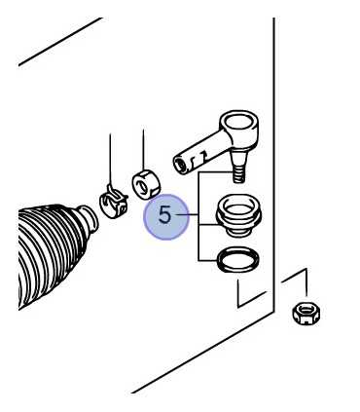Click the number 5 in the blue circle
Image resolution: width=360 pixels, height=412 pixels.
[164, 215]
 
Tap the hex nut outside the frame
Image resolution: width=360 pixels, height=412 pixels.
[306, 313]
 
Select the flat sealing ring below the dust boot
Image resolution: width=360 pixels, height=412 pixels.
[237, 260]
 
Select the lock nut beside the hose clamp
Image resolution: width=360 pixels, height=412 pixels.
[147, 184]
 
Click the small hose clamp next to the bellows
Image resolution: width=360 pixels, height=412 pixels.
[113, 202]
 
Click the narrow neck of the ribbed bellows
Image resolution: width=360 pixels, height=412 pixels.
[88, 219]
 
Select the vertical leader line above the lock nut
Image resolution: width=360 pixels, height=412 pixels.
[143, 150]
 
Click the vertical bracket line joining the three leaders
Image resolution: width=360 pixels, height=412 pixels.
[198, 216]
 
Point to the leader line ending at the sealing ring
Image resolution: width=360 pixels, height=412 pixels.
[207, 260]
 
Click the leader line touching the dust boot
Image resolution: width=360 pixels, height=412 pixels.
[208, 224]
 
